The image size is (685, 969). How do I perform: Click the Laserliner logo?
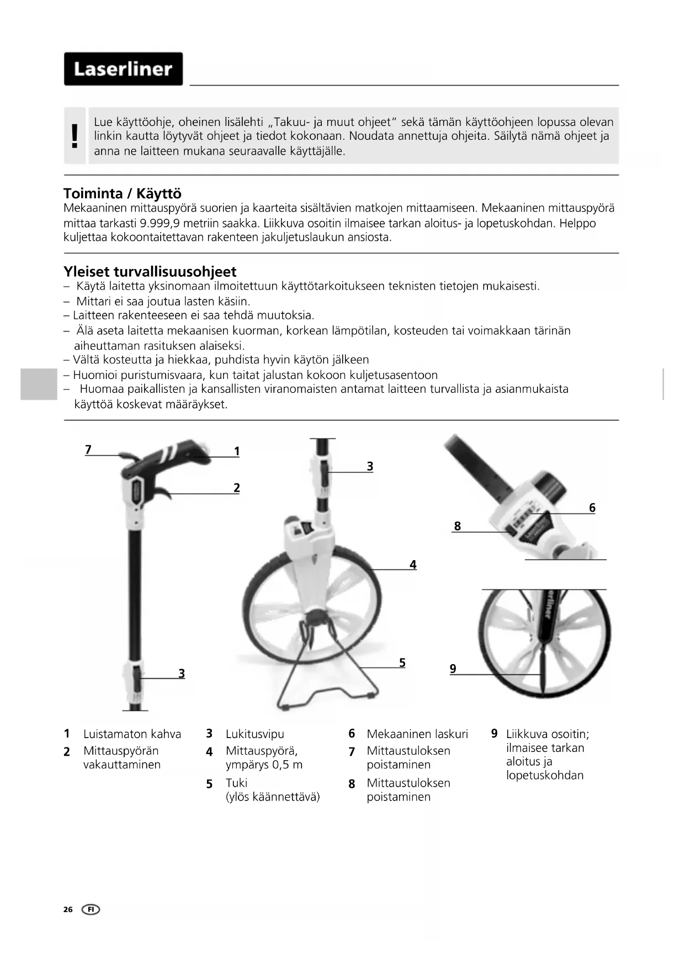pyautogui.click(x=123, y=69)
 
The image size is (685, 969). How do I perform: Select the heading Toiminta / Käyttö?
pyautogui.click(x=122, y=193)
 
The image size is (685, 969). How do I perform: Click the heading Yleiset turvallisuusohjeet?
pyautogui.click(x=150, y=271)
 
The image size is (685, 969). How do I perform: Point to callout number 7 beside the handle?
pyautogui.click(x=88, y=449)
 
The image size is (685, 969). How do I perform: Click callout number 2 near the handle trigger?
pyautogui.click(x=236, y=487)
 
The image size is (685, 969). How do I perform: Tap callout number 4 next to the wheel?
pyautogui.click(x=412, y=564)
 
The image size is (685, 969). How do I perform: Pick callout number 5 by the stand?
pyautogui.click(x=402, y=662)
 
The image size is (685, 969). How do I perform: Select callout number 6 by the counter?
pyautogui.click(x=592, y=507)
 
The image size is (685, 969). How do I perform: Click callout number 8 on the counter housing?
pyautogui.click(x=457, y=526)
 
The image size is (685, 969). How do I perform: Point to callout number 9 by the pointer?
pyautogui.click(x=453, y=668)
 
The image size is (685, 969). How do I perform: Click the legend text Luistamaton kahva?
pyautogui.click(x=132, y=734)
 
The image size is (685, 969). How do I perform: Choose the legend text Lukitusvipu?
pyautogui.click(x=254, y=734)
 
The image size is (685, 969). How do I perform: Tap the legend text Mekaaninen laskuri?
pyautogui.click(x=417, y=734)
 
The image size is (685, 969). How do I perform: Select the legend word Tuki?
pyautogui.click(x=236, y=782)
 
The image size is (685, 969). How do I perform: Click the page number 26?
pyautogui.click(x=68, y=909)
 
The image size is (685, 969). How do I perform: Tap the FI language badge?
pyautogui.click(x=91, y=909)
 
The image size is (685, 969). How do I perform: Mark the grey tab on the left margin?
pyautogui.click(x=39, y=384)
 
